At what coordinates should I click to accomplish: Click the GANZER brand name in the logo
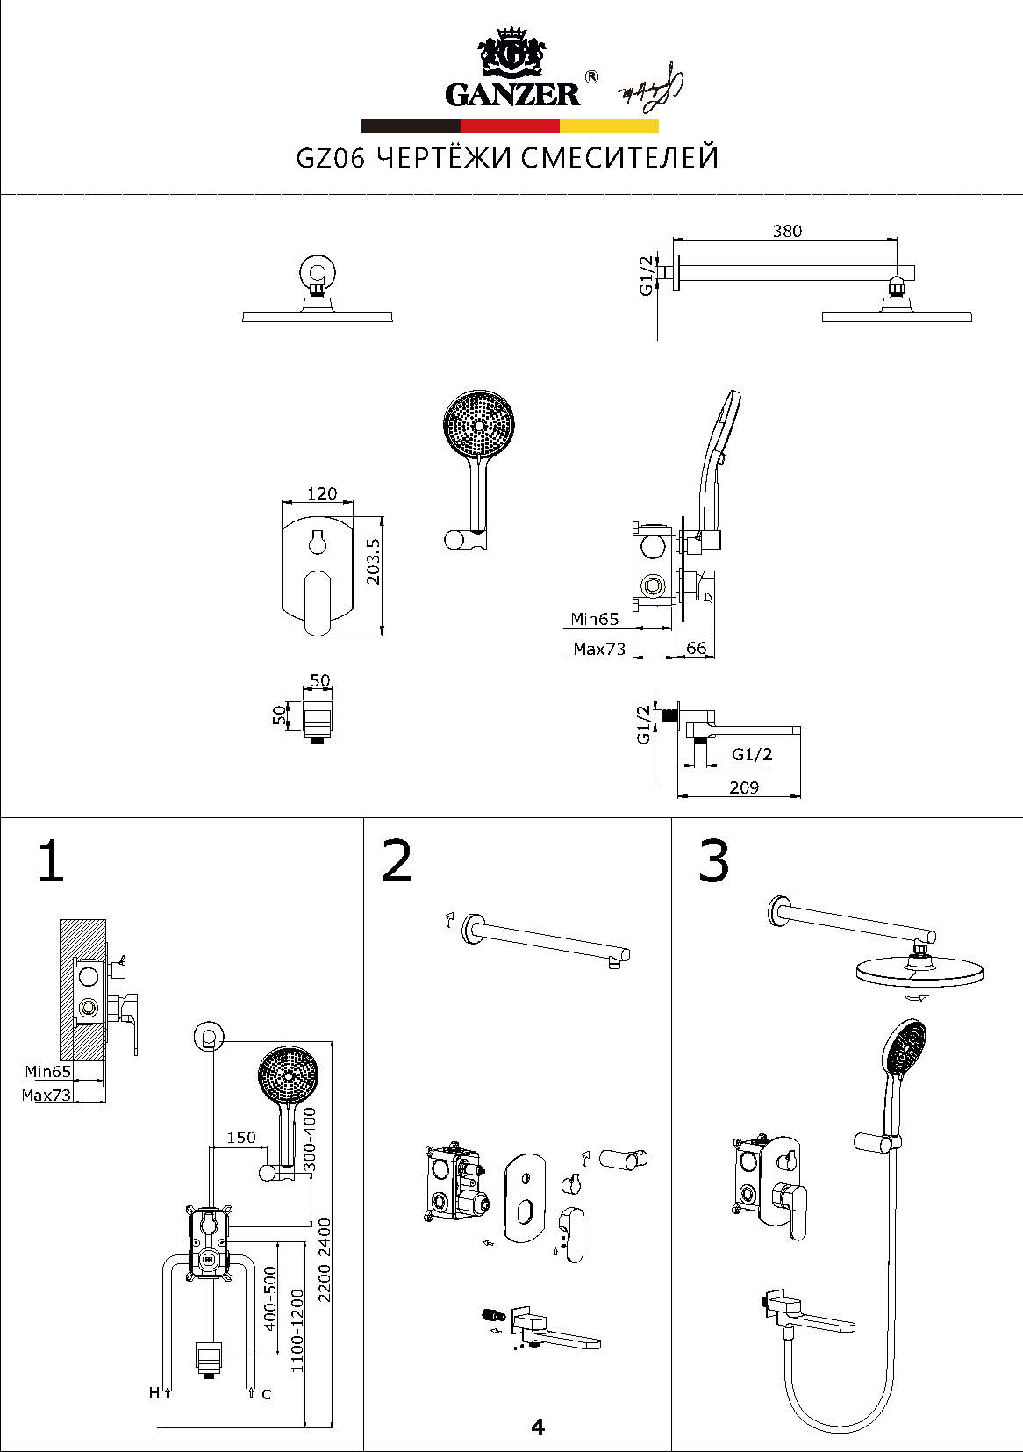(x=511, y=96)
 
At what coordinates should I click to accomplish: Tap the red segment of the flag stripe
(x=510, y=126)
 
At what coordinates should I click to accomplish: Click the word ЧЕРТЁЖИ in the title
(x=445, y=157)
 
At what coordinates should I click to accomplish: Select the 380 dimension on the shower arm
(x=787, y=231)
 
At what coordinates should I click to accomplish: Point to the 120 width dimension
(x=322, y=493)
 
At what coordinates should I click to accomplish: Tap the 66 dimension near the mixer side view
(x=696, y=648)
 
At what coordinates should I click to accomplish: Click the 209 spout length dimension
(x=744, y=787)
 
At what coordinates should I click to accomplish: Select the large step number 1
(x=51, y=861)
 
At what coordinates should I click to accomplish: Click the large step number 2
(x=397, y=861)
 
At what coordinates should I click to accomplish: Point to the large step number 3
(x=713, y=861)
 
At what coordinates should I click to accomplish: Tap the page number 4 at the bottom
(x=538, y=1427)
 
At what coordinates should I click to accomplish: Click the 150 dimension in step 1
(x=241, y=1137)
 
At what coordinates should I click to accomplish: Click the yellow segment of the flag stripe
(x=609, y=126)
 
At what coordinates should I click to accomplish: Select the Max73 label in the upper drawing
(x=599, y=648)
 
